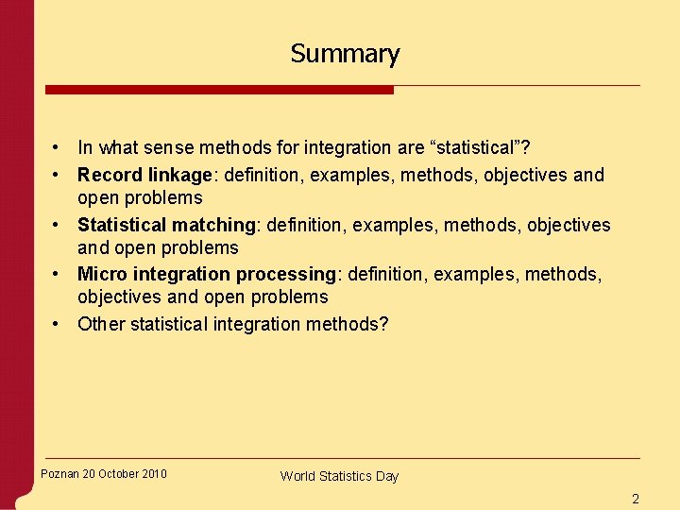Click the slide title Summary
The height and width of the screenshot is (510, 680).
[345, 54]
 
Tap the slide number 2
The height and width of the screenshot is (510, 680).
[636, 499]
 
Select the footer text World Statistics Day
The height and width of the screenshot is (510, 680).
[339, 476]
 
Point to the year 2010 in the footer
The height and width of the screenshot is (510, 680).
[153, 474]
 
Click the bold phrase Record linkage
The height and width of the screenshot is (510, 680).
[144, 175]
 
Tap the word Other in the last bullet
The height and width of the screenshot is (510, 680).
[100, 324]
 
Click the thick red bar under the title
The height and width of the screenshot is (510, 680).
[219, 90]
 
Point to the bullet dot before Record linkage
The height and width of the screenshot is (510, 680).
[58, 175]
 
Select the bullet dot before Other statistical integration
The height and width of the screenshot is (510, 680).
[58, 324]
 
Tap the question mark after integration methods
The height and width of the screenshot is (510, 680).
[383, 324]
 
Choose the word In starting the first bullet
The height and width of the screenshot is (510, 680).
[85, 147]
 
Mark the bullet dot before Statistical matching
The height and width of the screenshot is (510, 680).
[58, 225]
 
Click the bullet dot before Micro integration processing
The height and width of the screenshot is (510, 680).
[58, 274]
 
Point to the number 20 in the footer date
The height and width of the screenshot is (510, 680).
[90, 474]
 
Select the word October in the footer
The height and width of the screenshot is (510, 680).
[118, 474]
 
